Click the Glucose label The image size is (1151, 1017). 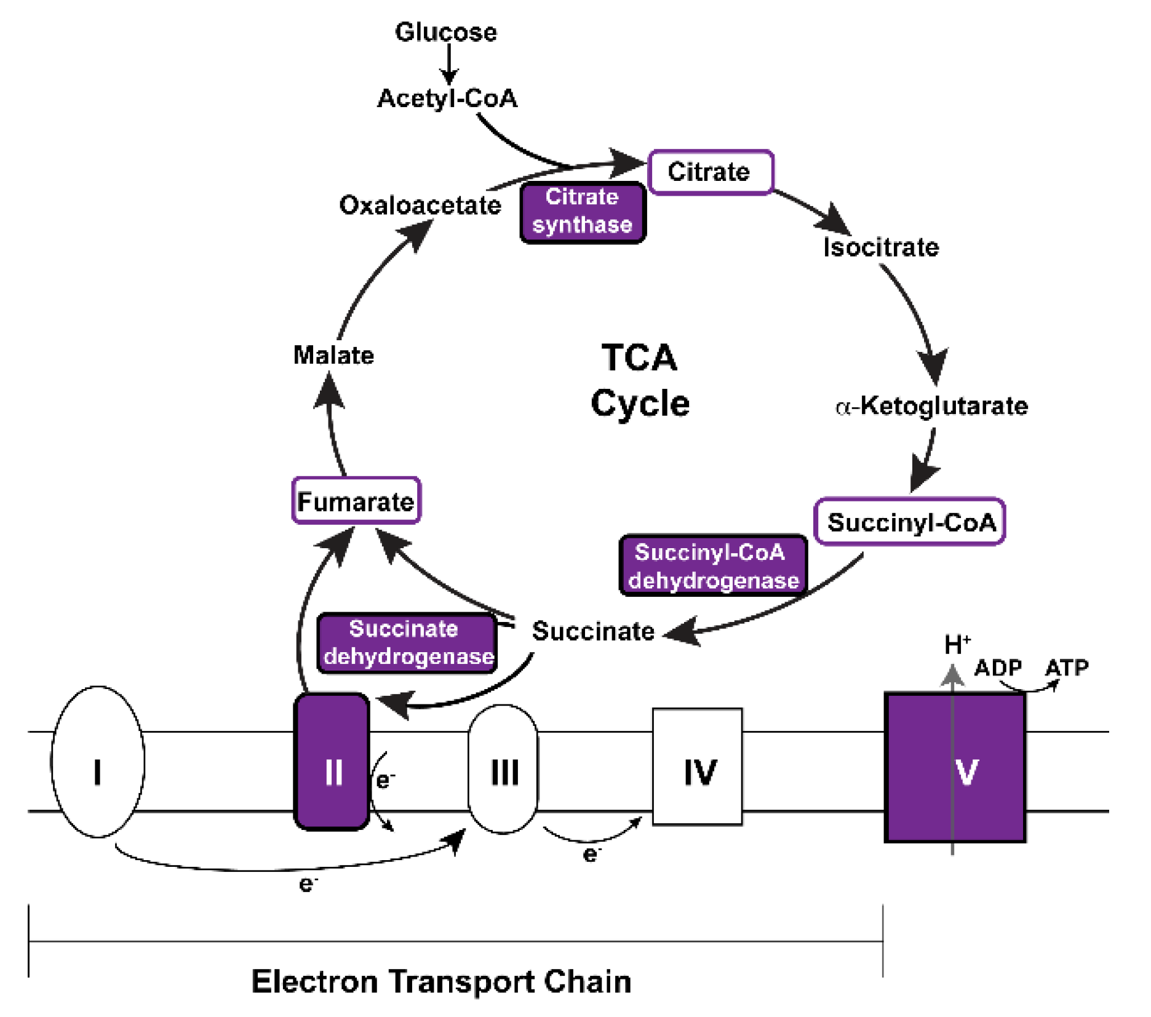coord(445,32)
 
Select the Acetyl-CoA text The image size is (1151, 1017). coord(447,98)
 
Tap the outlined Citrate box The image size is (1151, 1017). coord(711,172)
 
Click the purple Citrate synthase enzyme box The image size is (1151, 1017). coord(582,212)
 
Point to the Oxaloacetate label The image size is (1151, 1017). coord(420,205)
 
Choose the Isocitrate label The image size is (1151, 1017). coord(881,247)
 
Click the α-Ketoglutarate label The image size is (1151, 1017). coord(931,406)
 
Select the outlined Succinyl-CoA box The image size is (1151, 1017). coord(910,522)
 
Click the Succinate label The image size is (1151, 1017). coord(593,631)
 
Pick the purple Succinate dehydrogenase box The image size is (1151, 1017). coord(407,643)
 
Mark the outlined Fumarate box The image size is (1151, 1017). coord(356,501)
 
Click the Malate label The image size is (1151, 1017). coord(333,355)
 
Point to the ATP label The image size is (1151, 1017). coord(1067,668)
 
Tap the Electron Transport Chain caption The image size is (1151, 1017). coord(441,982)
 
